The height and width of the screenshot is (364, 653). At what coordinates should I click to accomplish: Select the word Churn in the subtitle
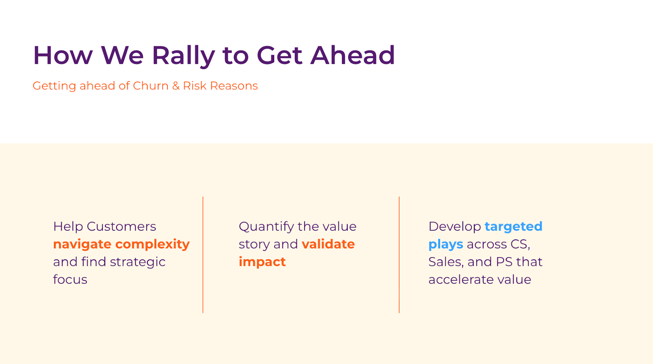tap(151, 86)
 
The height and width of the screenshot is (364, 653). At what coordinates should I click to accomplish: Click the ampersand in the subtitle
tap(176, 86)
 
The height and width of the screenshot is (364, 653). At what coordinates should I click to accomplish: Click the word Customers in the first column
tap(121, 226)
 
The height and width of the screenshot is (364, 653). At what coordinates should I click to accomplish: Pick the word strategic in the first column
tap(138, 262)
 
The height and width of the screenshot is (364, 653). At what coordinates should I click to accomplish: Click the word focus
tap(70, 279)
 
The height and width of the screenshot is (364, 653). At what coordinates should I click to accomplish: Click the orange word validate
tap(328, 244)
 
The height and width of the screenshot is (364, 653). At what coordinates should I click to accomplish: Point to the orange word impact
tap(262, 262)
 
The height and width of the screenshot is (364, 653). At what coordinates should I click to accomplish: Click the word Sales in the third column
tap(446, 262)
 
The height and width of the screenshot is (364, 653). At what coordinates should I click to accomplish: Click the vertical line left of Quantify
tap(203, 255)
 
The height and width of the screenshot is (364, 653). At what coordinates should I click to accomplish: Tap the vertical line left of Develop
tap(399, 255)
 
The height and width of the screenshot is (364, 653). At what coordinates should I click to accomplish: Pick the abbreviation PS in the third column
tap(504, 262)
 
